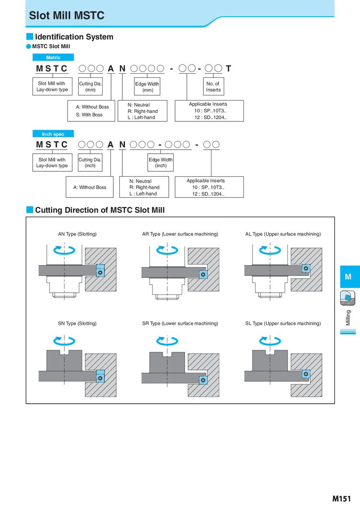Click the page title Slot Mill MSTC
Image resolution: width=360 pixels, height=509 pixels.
[67, 16]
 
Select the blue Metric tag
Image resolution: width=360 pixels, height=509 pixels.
[53, 58]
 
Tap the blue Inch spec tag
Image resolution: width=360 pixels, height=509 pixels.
[53, 134]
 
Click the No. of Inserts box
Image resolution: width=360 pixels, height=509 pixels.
[213, 86]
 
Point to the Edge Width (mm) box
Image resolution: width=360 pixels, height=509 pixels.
[147, 86]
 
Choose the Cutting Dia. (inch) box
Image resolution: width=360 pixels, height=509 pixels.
[90, 162]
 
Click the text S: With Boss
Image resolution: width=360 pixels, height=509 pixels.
[89, 115]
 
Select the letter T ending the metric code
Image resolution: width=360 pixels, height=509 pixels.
[229, 68]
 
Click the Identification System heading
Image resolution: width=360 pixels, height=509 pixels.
[74, 37]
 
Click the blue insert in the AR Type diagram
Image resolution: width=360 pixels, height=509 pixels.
[203, 274]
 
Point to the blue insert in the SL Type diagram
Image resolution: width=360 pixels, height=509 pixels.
[306, 374]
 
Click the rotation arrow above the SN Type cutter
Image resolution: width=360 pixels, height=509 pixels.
[64, 340]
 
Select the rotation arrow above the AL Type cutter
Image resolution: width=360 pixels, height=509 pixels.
[270, 250]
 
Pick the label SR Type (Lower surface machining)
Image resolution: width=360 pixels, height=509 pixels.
[180, 323]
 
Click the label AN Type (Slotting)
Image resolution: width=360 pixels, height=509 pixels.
[77, 234]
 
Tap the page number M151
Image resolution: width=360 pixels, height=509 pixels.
[342, 499]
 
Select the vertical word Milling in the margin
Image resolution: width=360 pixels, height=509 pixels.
[348, 317]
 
